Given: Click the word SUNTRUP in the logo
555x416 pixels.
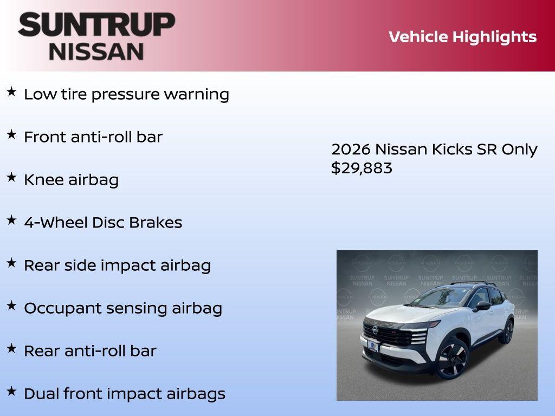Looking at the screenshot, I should click(x=96, y=24).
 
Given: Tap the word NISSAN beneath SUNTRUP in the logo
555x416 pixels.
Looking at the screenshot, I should click(x=96, y=51).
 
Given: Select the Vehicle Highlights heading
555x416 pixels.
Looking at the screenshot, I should click(x=462, y=37).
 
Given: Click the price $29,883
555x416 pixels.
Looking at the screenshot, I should click(x=362, y=168).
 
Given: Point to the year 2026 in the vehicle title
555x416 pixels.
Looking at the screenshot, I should click(x=351, y=149).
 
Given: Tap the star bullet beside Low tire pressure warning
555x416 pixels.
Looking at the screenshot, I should click(x=11, y=92).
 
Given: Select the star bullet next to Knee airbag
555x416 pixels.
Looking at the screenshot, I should click(x=11, y=178).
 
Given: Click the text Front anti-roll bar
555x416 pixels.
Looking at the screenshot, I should click(x=93, y=137).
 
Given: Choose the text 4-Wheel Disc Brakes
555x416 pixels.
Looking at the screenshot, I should click(x=103, y=223).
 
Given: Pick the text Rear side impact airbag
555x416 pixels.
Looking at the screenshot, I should click(x=117, y=265).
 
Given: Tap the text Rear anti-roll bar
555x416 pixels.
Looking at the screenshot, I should click(x=90, y=351).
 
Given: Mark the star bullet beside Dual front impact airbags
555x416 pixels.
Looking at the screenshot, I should click(x=11, y=392).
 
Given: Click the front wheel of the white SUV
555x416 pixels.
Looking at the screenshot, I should click(x=451, y=359).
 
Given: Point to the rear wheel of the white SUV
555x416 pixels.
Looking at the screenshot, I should click(x=508, y=331).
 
